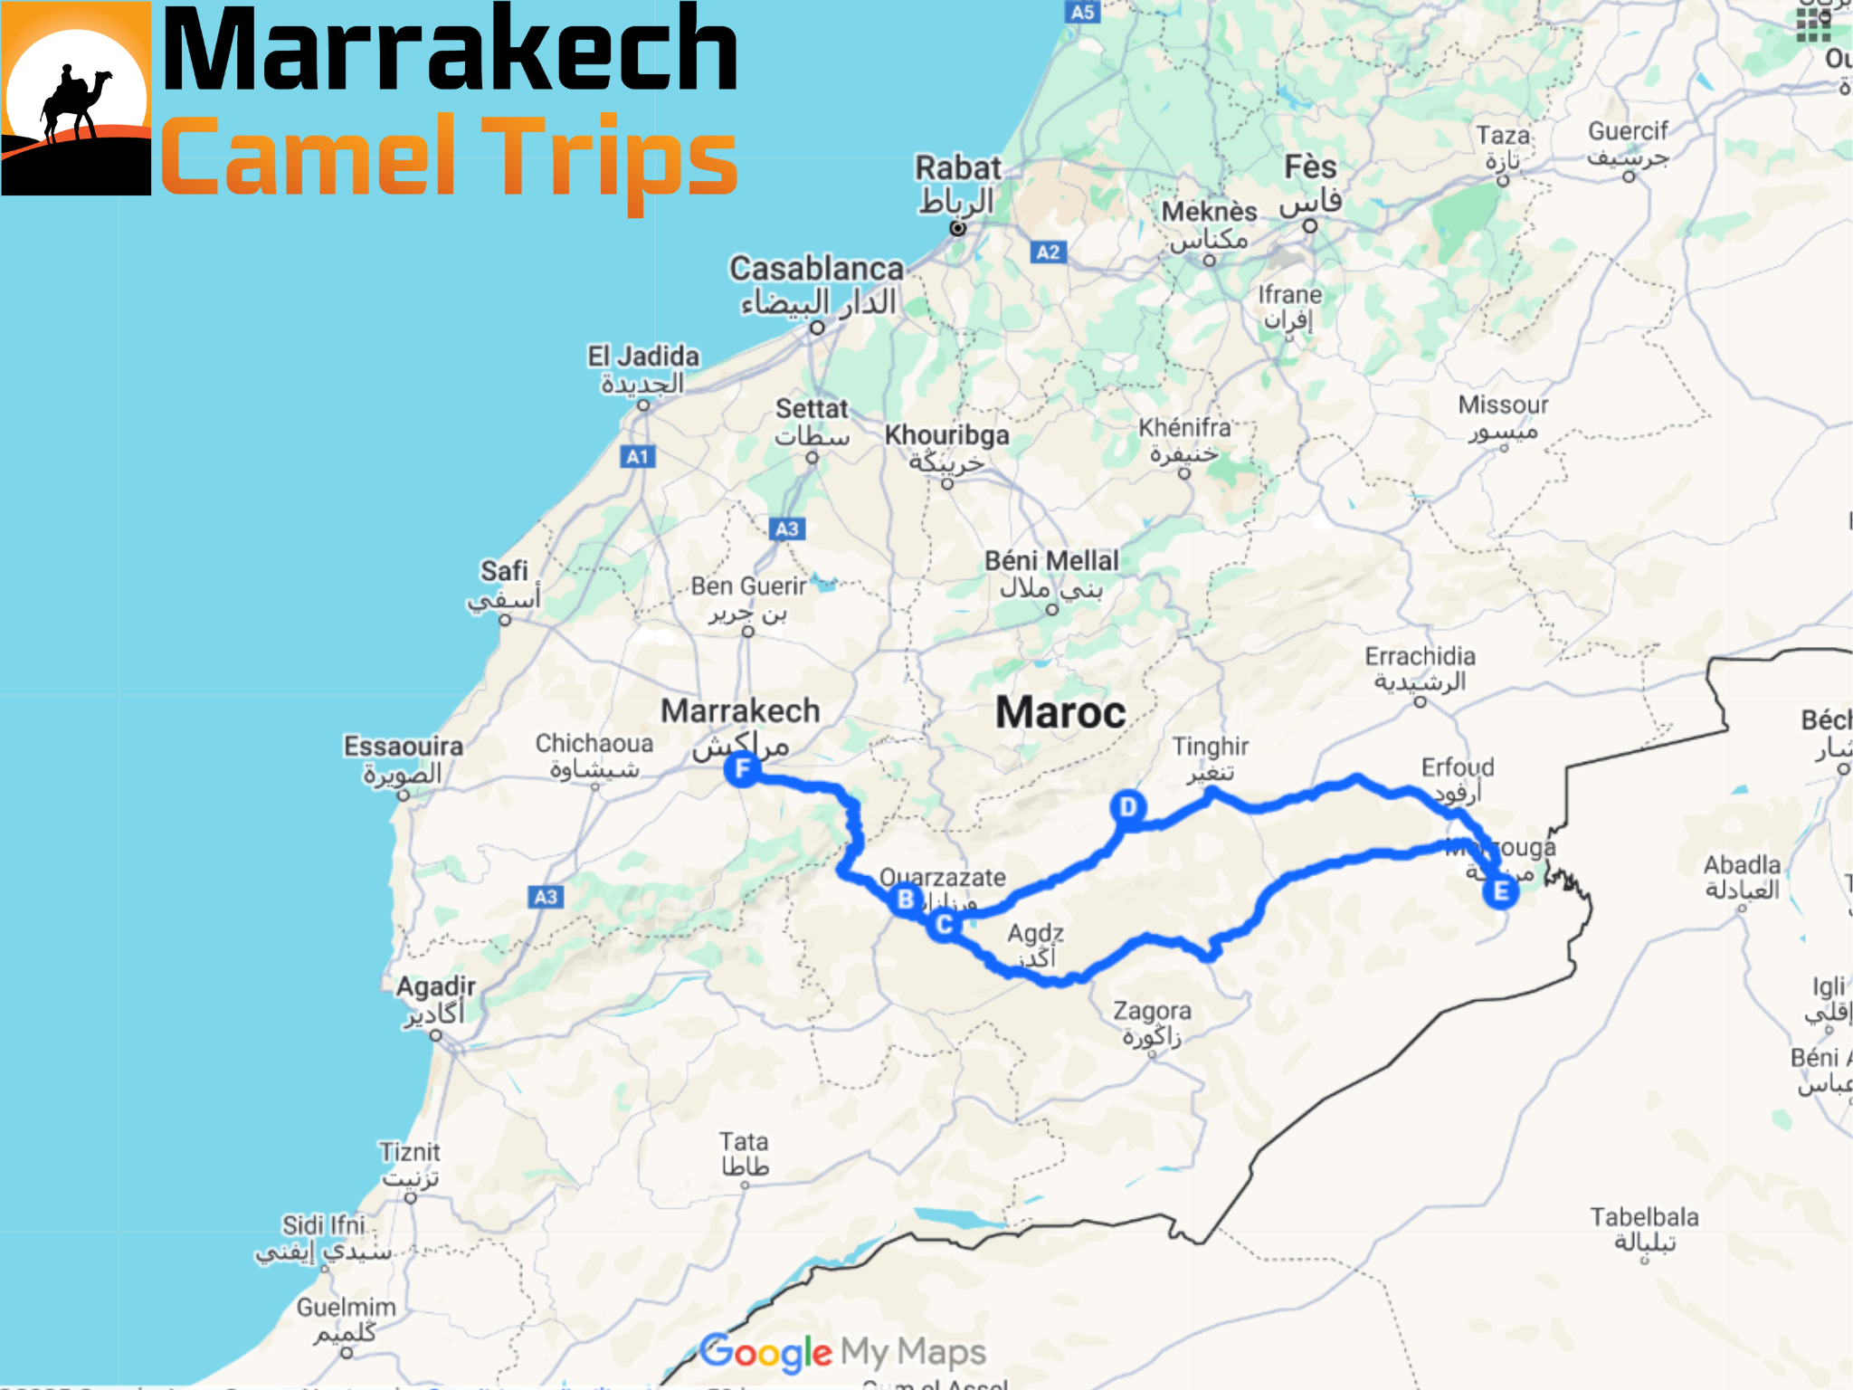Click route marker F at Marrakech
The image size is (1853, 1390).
[x=742, y=770]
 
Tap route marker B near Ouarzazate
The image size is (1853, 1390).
[x=905, y=900]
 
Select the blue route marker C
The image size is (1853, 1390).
[x=944, y=925]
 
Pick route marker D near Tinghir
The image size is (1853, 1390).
[x=1128, y=806]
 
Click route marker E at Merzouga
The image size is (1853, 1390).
[x=1500, y=891]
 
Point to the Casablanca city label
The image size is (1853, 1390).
[x=816, y=269]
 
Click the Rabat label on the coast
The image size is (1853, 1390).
[x=957, y=168]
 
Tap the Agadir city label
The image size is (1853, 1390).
[x=436, y=986]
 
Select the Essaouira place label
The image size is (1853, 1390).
[x=404, y=747]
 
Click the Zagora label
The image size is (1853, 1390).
[x=1152, y=1011]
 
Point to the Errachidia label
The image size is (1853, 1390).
[x=1420, y=656]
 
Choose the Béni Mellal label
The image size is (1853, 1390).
[x=1051, y=561]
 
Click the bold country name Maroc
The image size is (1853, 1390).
[x=1060, y=713]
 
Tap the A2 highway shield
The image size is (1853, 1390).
[x=1048, y=252]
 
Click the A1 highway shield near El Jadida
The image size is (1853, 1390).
[x=638, y=457]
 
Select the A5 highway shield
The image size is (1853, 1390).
[x=1082, y=12]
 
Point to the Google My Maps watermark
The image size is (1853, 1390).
[x=842, y=1352]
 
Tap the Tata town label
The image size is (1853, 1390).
[x=744, y=1142]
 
